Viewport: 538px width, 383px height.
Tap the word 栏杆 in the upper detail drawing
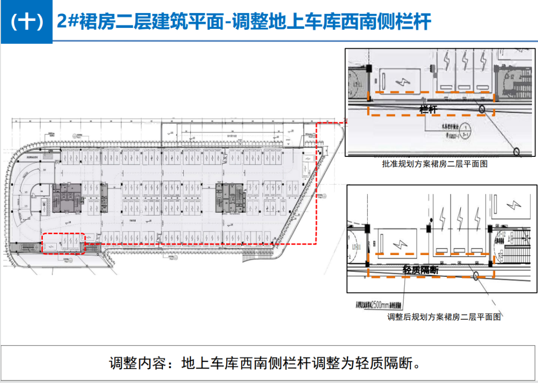[x=429, y=109]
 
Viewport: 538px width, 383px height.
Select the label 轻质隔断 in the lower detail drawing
[x=421, y=269]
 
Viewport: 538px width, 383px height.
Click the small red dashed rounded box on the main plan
[x=63, y=244]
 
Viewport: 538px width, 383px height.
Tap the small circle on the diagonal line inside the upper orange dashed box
[x=482, y=108]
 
